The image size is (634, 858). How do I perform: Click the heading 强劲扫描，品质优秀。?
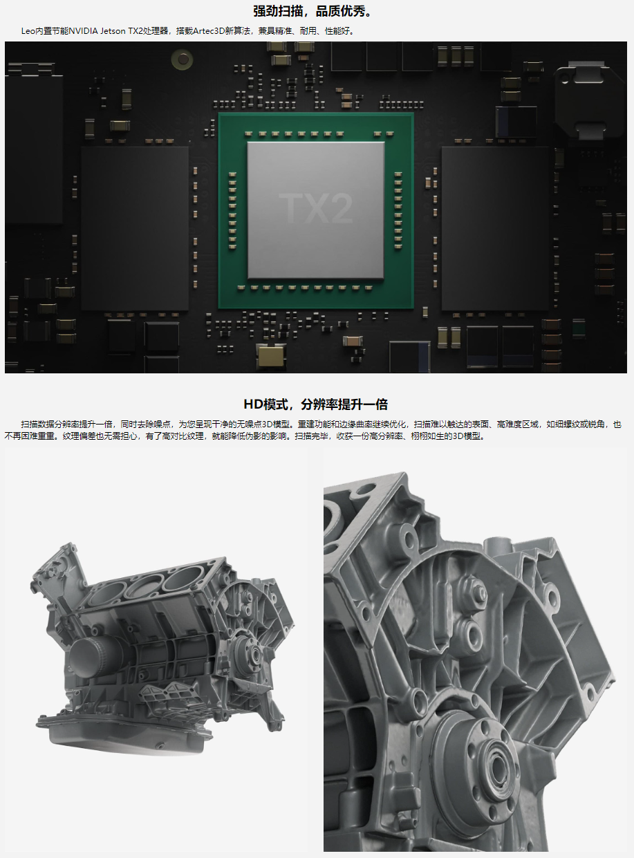click(313, 11)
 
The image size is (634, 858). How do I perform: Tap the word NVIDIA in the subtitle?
click(83, 31)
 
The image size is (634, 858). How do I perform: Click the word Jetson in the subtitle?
click(113, 31)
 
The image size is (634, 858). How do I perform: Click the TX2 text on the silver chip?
click(315, 209)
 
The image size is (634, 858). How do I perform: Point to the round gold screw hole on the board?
click(183, 59)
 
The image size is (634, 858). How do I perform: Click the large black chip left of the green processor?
click(135, 228)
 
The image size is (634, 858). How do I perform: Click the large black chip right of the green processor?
click(495, 228)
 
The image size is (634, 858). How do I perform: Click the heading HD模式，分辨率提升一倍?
click(316, 404)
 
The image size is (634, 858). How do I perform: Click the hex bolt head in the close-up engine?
click(481, 593)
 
